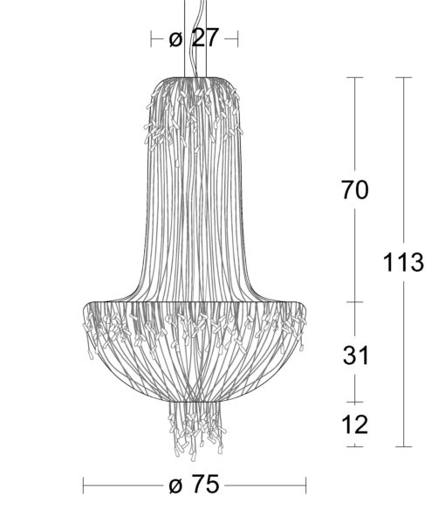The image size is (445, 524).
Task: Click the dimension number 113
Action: pos(403,262)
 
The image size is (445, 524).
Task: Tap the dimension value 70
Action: pos(355,190)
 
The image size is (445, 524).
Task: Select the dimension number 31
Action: pos(356,355)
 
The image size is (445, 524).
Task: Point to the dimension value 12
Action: pos(355,424)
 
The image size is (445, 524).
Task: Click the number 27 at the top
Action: pos(205,38)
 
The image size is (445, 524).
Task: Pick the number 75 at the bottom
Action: pos(206,484)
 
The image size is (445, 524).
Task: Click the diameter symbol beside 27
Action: pos(175,39)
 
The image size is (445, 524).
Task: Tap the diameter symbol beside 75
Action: pos(176,486)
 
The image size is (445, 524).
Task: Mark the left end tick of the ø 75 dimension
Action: pos(83,486)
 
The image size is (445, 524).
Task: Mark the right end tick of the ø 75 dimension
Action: pos(305,486)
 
